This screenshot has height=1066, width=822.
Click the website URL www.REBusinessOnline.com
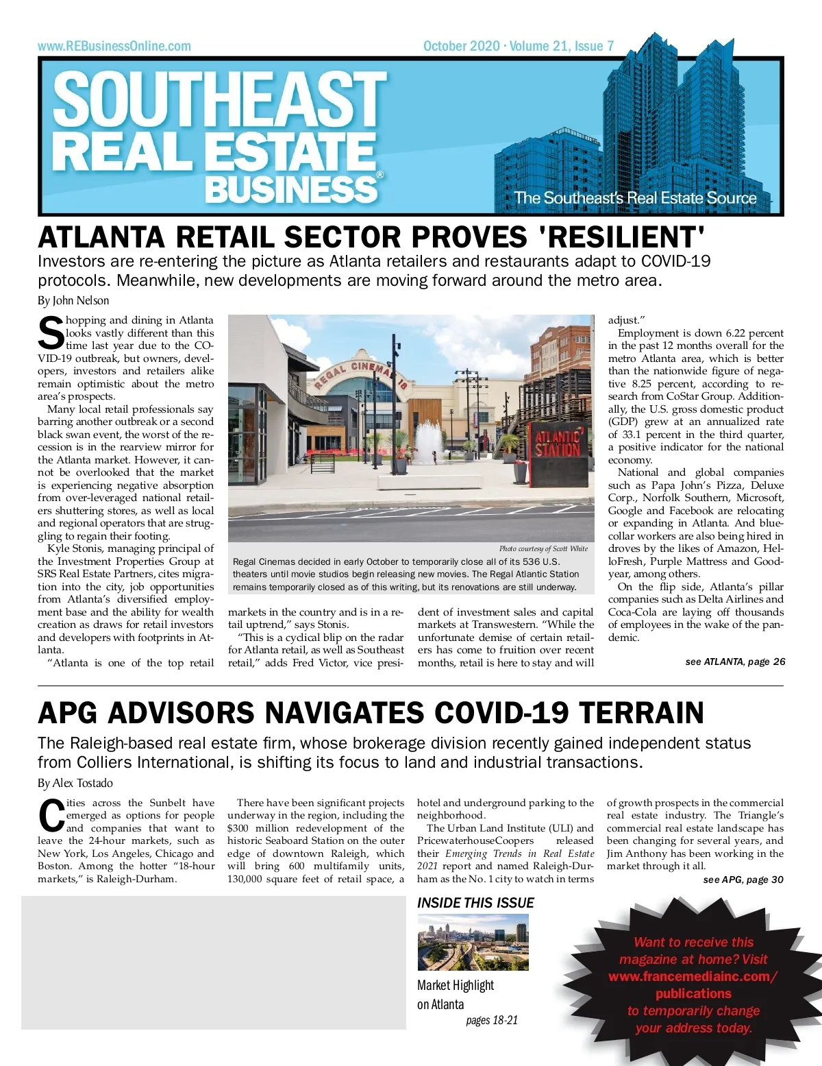pyautogui.click(x=114, y=47)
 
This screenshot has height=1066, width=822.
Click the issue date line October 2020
pyautogui.click(x=461, y=46)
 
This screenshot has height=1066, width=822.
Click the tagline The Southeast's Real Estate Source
pyautogui.click(x=635, y=198)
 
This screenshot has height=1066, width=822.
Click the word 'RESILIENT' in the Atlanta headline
pyautogui.click(x=622, y=237)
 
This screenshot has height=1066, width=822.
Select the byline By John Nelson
pyautogui.click(x=73, y=300)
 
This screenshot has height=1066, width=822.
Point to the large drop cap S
pyautogui.click(x=51, y=333)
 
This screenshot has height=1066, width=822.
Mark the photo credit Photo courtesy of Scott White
pyautogui.click(x=543, y=548)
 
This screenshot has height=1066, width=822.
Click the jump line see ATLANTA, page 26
pyautogui.click(x=735, y=662)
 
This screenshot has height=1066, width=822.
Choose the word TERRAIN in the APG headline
pyautogui.click(x=641, y=713)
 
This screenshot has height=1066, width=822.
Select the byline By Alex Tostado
pyautogui.click(x=75, y=783)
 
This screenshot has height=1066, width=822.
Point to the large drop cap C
pyautogui.click(x=51, y=816)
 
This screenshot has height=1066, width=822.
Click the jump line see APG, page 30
pyautogui.click(x=743, y=880)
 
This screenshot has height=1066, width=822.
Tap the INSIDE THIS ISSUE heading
pyautogui.click(x=475, y=903)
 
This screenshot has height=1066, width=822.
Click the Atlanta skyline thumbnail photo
pyautogui.click(x=473, y=942)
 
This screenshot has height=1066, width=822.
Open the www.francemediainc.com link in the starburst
pyautogui.click(x=693, y=976)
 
